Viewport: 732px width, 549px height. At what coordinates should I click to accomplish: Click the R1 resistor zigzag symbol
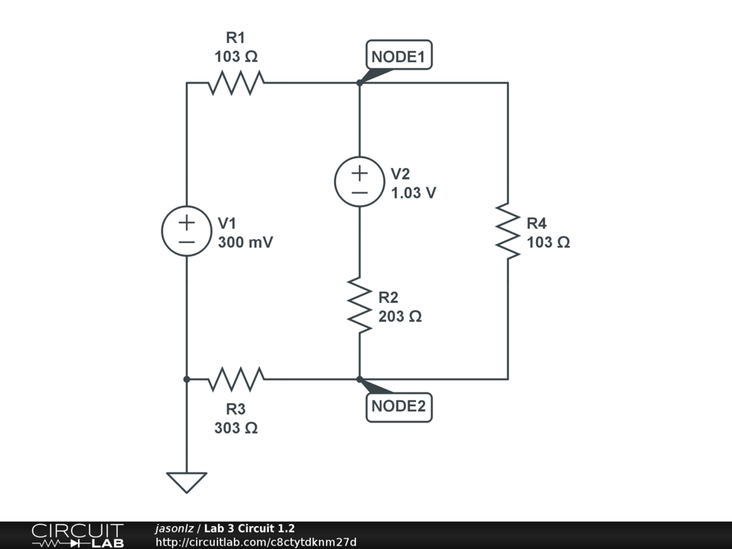(236, 83)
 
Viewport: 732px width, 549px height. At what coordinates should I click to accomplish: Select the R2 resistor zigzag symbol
(360, 305)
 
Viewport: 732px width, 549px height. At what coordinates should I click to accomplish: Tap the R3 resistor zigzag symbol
(236, 379)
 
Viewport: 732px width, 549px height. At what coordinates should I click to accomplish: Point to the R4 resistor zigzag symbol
(508, 231)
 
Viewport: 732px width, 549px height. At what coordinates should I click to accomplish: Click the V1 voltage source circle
(187, 231)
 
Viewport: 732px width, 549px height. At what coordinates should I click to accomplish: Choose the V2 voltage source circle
(360, 181)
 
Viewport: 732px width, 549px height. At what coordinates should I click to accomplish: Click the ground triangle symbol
(187, 483)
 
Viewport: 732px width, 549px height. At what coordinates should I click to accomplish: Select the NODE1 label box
(399, 55)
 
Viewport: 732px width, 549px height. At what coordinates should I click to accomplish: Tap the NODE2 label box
(399, 407)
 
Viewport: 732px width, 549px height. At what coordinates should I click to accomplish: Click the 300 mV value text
(246, 242)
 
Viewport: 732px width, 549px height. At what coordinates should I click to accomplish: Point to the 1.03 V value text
(414, 193)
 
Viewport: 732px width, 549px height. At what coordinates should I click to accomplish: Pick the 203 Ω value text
(400, 317)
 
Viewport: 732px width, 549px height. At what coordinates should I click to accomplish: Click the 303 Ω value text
(236, 427)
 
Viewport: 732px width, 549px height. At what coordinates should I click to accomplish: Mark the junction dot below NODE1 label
(360, 83)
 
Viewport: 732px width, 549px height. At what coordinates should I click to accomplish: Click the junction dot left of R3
(187, 379)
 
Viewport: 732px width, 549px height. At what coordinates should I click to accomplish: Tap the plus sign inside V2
(360, 173)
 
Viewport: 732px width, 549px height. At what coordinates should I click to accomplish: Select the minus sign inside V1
(187, 242)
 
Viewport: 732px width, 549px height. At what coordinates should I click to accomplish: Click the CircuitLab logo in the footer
(78, 535)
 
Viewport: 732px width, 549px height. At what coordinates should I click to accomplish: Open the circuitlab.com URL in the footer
(256, 542)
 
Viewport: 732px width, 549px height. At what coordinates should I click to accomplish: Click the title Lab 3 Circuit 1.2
(249, 528)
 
